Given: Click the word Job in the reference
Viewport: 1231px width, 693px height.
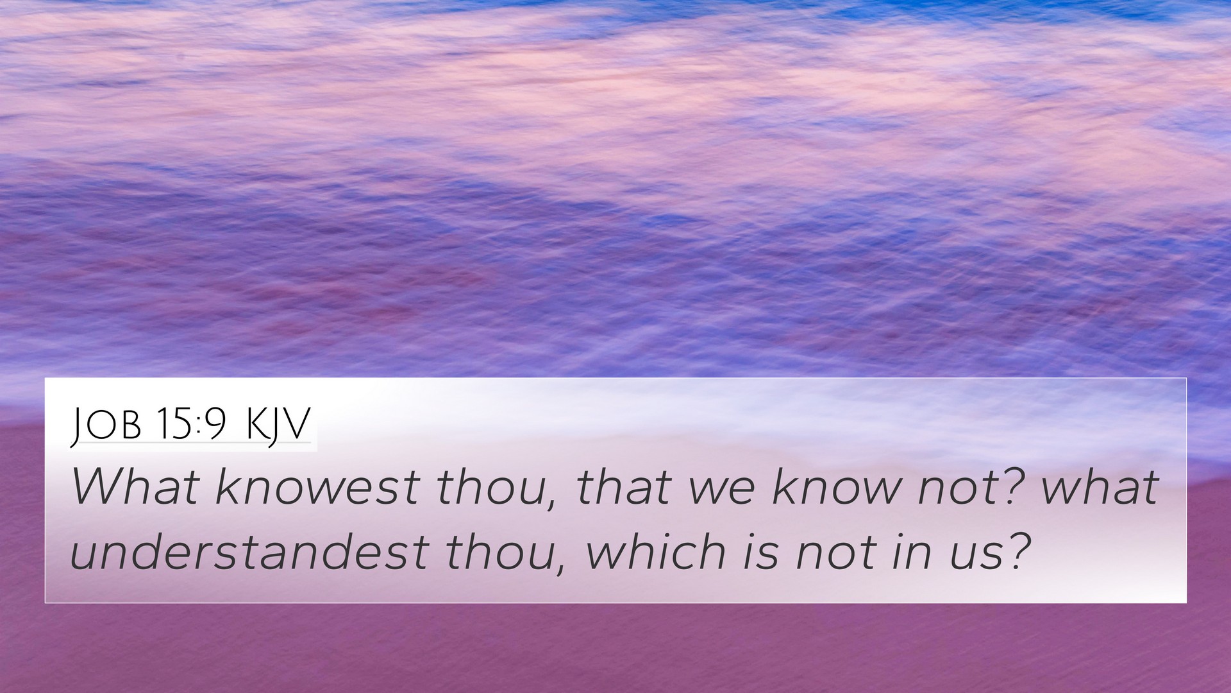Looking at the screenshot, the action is (x=105, y=425).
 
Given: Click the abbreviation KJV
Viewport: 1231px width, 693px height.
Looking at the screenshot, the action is (x=278, y=425).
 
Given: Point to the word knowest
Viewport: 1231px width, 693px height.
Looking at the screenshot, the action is (x=317, y=487).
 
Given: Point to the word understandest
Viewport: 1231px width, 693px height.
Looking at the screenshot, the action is (x=249, y=551).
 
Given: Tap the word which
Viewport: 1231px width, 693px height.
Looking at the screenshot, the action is (x=656, y=551).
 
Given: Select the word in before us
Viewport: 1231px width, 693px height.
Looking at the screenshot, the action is (x=908, y=551).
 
